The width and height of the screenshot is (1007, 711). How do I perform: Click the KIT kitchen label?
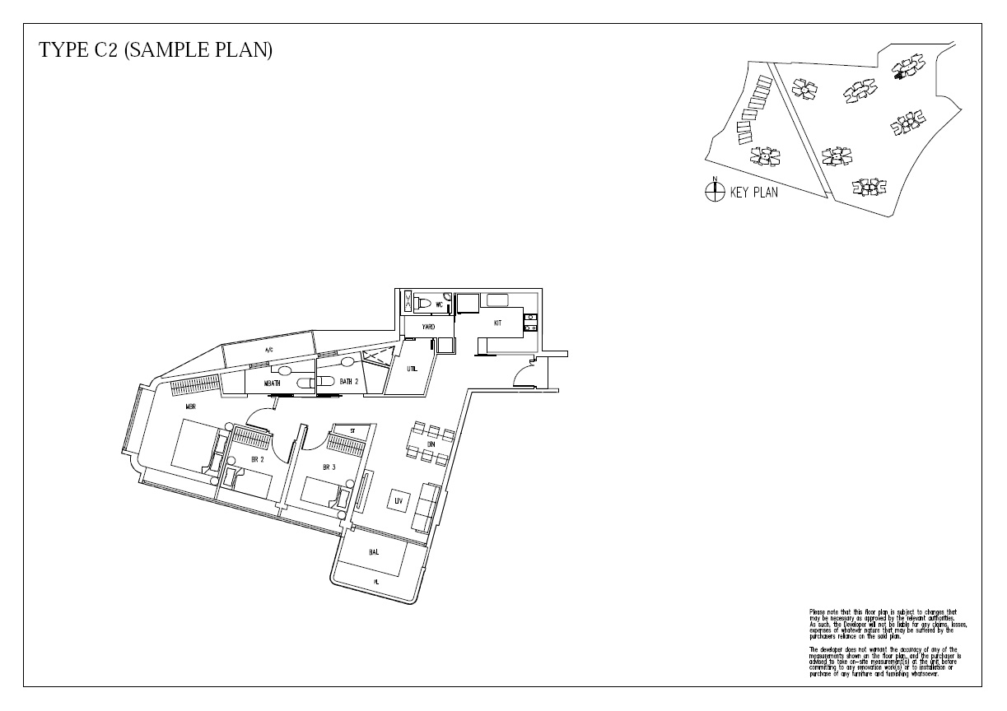(x=497, y=323)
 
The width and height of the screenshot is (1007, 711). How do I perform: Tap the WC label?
(x=440, y=304)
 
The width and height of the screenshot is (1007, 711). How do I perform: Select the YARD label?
(x=428, y=328)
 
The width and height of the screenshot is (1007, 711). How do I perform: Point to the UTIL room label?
(x=413, y=369)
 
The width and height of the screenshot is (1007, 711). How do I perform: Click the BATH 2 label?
(x=348, y=382)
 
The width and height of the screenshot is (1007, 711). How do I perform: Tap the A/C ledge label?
(x=268, y=351)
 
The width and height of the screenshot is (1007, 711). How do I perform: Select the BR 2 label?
(x=257, y=460)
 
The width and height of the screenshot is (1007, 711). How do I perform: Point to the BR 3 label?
(x=329, y=467)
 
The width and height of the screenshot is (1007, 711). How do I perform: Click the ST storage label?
(x=352, y=430)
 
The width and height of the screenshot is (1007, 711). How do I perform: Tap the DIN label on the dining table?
(x=430, y=444)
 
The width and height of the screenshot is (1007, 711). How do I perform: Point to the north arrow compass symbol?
(x=714, y=192)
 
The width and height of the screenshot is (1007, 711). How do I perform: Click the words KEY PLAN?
(x=753, y=193)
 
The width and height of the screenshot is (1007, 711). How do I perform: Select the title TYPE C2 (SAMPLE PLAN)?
(x=156, y=50)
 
